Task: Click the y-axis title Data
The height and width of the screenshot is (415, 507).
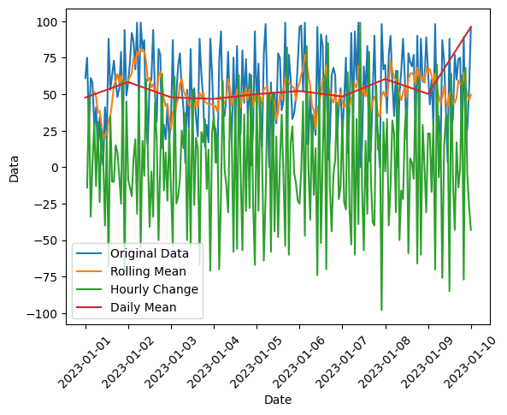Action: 14,168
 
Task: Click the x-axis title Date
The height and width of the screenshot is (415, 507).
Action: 278,400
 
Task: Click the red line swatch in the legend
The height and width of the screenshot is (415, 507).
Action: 91,306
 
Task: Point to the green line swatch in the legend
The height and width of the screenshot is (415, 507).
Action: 91,289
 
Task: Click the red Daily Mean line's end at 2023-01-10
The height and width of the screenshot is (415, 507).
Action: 470,27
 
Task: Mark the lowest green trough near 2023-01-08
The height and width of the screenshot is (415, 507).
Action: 381,310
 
